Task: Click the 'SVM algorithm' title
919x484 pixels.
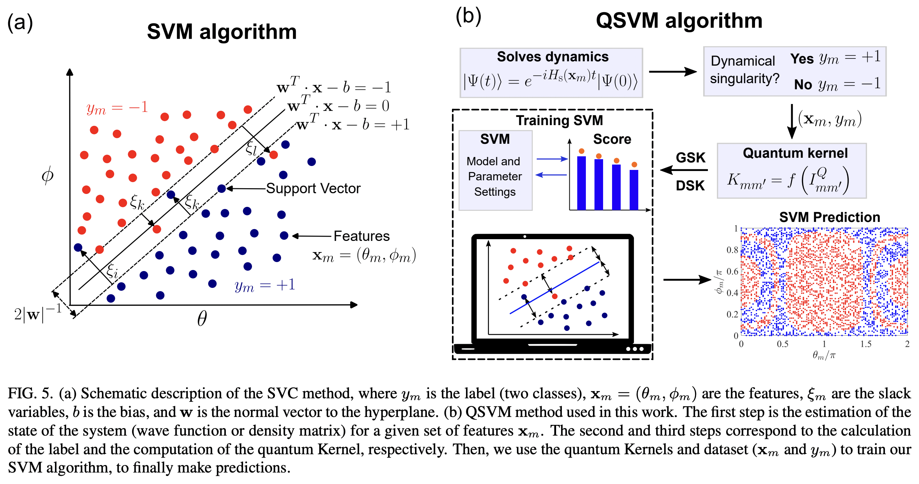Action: pyautogui.click(x=221, y=32)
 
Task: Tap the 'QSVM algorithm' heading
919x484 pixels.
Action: pyautogui.click(x=679, y=20)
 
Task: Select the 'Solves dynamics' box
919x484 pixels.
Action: pyautogui.click(x=551, y=73)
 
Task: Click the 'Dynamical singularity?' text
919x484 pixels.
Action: pyautogui.click(x=744, y=70)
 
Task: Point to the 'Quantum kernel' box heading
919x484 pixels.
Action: pyautogui.click(x=795, y=153)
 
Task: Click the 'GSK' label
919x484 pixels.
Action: pyautogui.click(x=690, y=158)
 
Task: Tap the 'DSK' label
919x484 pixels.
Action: pyautogui.click(x=690, y=186)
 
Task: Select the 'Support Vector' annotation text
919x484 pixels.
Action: pyautogui.click(x=313, y=189)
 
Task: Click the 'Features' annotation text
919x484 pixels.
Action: pyautogui.click(x=361, y=236)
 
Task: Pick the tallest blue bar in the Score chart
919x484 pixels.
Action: pyautogui.click(x=581, y=183)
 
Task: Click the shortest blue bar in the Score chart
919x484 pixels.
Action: pyautogui.click(x=634, y=190)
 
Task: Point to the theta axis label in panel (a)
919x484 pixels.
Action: pyautogui.click(x=202, y=318)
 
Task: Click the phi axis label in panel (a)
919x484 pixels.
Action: pyautogui.click(x=47, y=175)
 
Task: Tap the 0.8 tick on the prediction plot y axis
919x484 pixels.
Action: pyautogui.click(x=732, y=250)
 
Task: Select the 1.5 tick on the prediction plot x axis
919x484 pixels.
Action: pyautogui.click(x=866, y=344)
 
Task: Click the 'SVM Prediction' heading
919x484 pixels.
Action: pyautogui.click(x=829, y=217)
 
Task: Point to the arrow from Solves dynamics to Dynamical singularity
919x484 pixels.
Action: pyautogui.click(x=672, y=72)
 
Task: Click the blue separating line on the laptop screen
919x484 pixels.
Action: pyautogui.click(x=555, y=288)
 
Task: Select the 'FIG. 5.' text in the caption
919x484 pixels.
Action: pyautogui.click(x=30, y=394)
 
